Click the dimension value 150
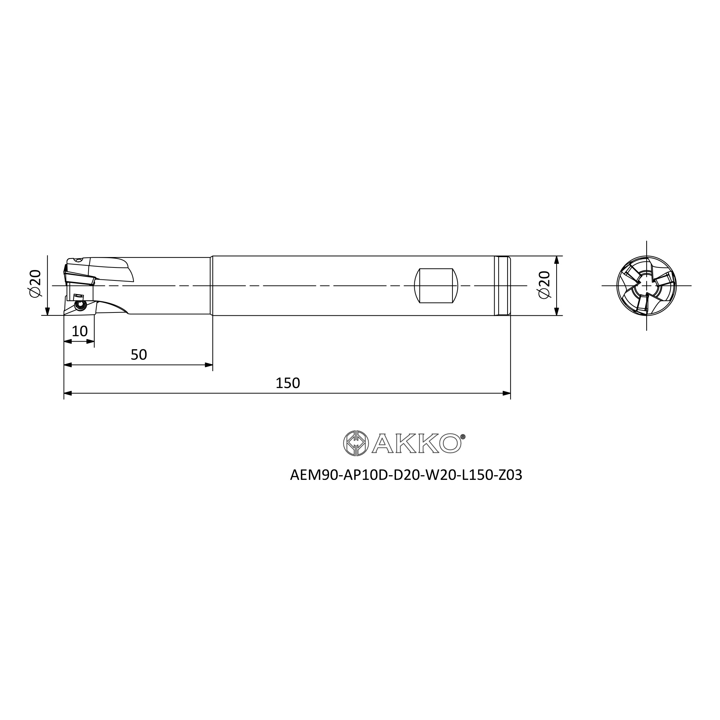pos(287,383)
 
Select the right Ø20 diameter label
pos(544,285)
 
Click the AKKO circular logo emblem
pos(356,443)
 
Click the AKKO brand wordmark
pos(417,444)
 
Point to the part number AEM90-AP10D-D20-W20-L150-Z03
pos(406,475)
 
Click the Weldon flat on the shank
pos(436,285)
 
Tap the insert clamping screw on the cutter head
pos(80,305)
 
